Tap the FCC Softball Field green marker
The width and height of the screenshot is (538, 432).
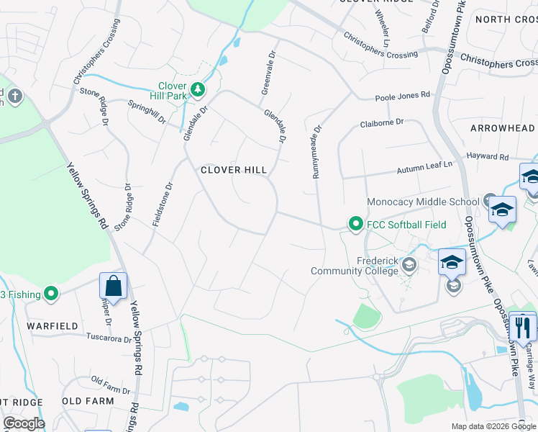tap(355, 225)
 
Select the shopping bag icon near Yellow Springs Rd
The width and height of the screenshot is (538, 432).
tap(114, 286)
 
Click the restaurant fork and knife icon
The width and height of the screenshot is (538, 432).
tap(522, 327)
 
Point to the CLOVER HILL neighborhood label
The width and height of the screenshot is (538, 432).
tap(234, 170)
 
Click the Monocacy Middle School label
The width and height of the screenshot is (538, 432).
tap(423, 202)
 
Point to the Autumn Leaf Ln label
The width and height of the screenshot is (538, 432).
tap(425, 168)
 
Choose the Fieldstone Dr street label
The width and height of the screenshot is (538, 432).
tap(165, 205)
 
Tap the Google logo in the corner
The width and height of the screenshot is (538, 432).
tap(24, 423)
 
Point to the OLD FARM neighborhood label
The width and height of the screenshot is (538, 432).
tap(88, 401)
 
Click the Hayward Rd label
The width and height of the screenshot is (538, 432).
tap(488, 156)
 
